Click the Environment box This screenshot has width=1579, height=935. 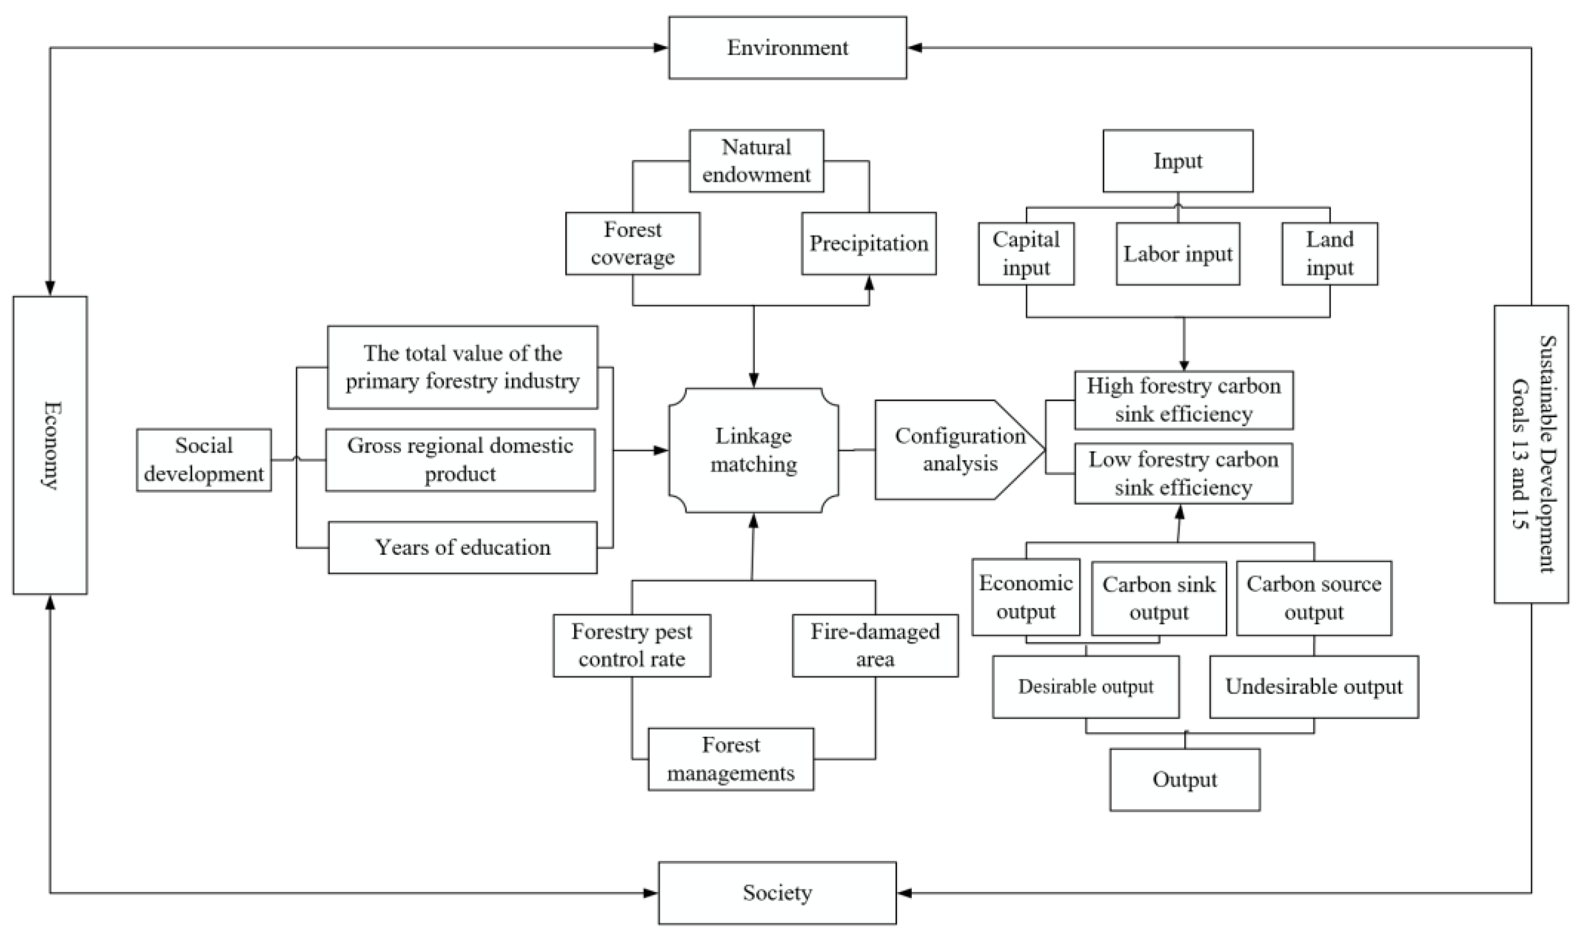coord(788,48)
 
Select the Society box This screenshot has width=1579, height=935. coord(777,892)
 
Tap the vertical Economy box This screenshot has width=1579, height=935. coord(50,445)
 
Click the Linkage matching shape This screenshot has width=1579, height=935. coord(754,450)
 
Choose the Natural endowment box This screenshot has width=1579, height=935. coord(756,161)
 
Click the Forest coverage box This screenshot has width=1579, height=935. coord(632,243)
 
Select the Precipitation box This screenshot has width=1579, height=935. coord(868,243)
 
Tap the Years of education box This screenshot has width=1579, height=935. coord(462,547)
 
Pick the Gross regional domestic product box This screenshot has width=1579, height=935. coord(460,459)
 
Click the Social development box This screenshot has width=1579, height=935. coord(204,459)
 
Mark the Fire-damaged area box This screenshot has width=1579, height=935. coord(874,645)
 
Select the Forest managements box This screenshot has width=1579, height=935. coord(730,759)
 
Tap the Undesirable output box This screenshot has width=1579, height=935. coord(1313,686)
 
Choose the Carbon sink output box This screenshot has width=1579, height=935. coord(1158,598)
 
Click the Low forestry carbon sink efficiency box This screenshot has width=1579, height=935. coord(1183,473)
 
